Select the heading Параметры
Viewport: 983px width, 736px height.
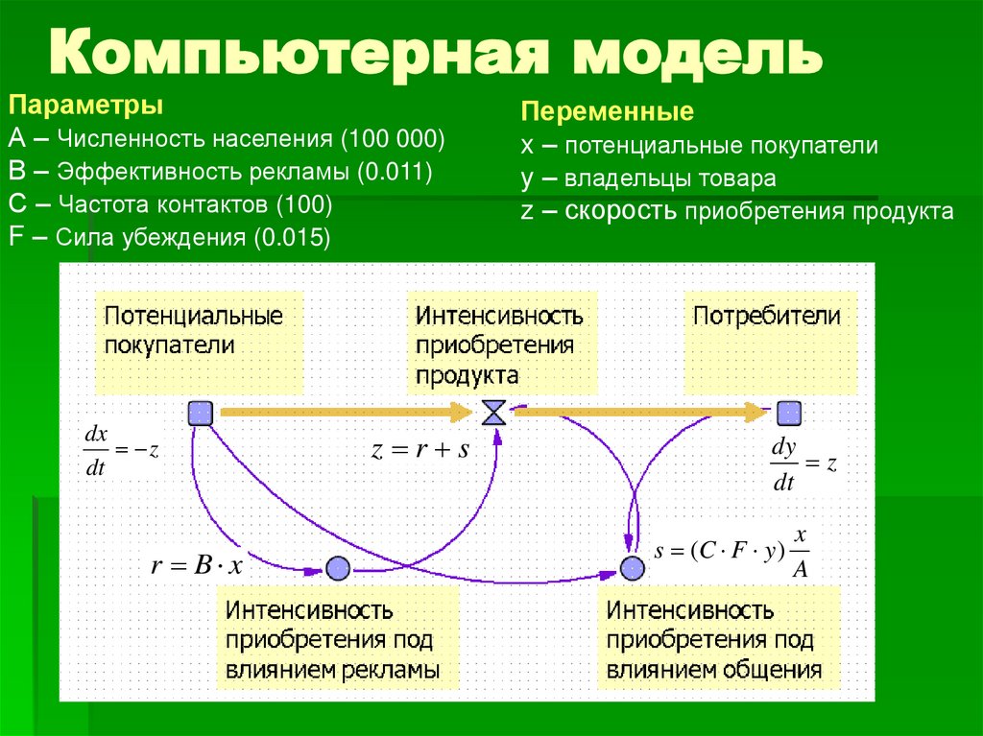coord(85,104)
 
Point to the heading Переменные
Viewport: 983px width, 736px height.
coord(606,112)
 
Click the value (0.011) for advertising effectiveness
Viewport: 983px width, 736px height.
coord(394,172)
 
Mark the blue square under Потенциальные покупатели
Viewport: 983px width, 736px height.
coord(200,413)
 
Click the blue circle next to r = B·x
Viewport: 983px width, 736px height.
coord(336,568)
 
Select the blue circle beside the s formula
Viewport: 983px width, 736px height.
coord(631,568)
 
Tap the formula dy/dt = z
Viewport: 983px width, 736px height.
coord(804,464)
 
